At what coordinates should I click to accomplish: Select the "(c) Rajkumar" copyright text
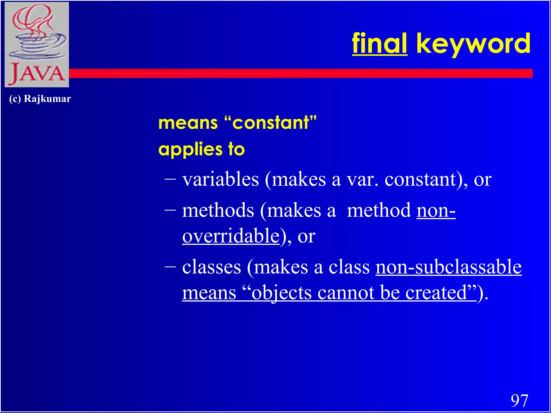click(40, 99)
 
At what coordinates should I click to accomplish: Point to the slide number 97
click(519, 401)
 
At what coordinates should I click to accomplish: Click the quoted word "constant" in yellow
click(270, 123)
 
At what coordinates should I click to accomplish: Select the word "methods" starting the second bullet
click(218, 210)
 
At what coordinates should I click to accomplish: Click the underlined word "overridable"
click(231, 236)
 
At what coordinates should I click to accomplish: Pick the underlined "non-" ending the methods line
click(436, 210)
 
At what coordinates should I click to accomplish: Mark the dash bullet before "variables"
click(170, 179)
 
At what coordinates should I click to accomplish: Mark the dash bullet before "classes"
click(170, 266)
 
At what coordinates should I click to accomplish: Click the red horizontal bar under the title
click(296, 73)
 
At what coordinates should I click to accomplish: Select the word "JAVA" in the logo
click(37, 74)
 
